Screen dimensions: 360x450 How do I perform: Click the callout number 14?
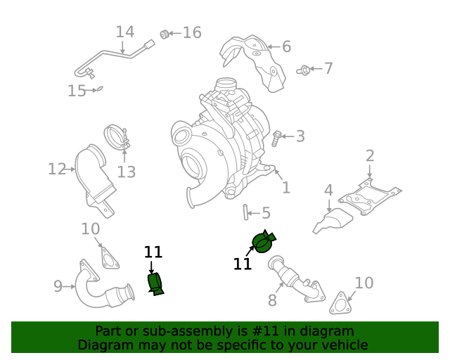click(x=125, y=32)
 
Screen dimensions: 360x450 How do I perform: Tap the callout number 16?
click(x=192, y=32)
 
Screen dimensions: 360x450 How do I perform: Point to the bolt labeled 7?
click(x=304, y=70)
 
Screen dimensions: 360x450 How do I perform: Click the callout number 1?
click(x=285, y=188)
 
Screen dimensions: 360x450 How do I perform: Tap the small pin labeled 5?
click(x=247, y=212)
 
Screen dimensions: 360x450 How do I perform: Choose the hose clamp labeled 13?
click(x=116, y=137)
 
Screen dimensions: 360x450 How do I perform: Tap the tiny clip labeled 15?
click(x=99, y=89)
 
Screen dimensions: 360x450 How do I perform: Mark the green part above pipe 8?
click(x=264, y=243)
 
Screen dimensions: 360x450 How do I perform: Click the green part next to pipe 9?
click(x=155, y=283)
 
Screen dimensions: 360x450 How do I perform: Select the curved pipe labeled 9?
click(x=95, y=288)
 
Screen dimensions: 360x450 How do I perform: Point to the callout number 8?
click(x=272, y=301)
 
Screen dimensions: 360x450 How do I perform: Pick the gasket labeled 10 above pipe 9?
click(x=108, y=257)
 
